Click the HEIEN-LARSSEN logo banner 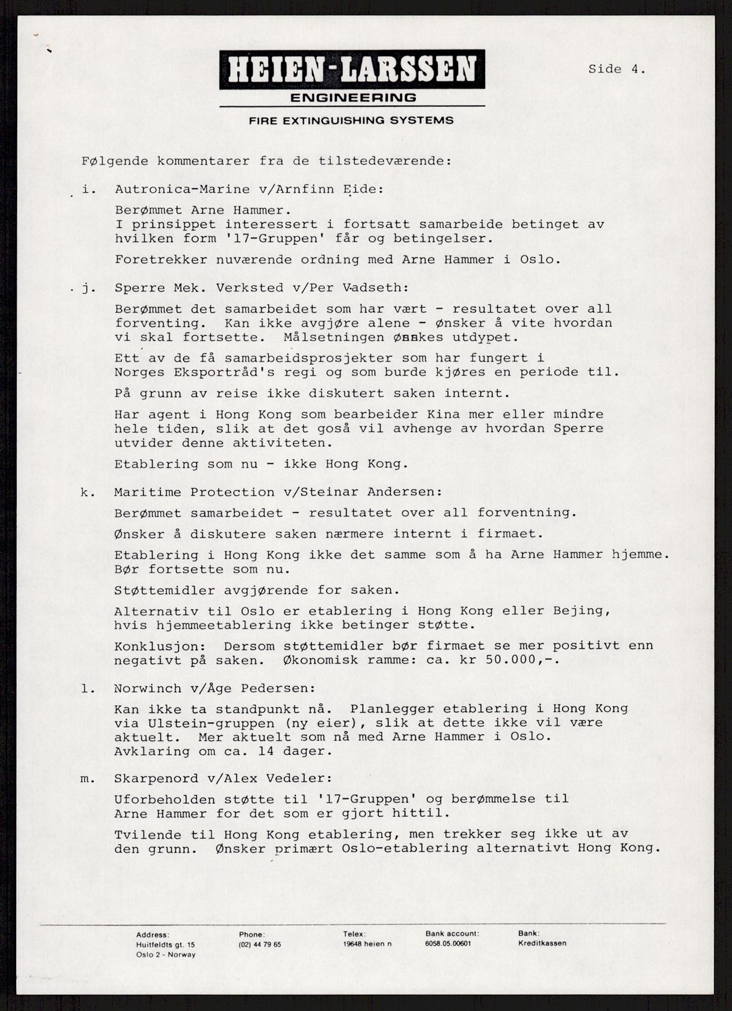coord(352,69)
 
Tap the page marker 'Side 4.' coord(616,69)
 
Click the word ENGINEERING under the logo coord(353,98)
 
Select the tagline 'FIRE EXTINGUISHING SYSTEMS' coord(351,121)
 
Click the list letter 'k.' coord(85,492)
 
